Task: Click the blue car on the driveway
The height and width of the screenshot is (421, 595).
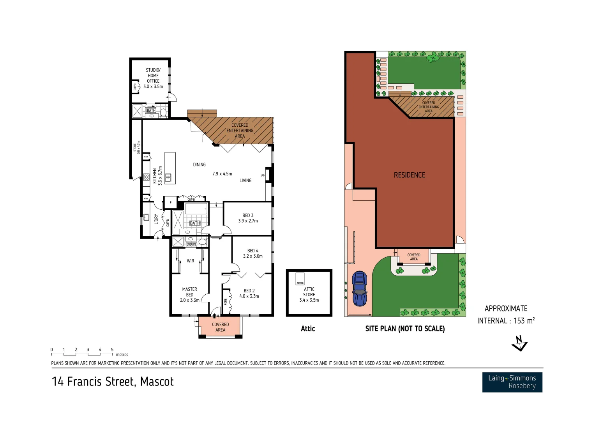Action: (359, 289)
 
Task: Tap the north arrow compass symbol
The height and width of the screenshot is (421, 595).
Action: (519, 343)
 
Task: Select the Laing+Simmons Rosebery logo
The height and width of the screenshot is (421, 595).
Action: (512, 382)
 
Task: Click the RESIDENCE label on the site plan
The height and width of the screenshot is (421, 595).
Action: (409, 175)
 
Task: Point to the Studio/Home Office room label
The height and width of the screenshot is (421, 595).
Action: (153, 76)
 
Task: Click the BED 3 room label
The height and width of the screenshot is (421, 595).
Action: (248, 215)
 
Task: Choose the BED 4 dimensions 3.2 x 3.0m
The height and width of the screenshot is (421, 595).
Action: (252, 256)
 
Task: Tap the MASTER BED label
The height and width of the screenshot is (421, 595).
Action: (190, 292)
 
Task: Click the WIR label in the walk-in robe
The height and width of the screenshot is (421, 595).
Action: (190, 261)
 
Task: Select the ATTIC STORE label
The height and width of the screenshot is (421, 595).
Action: (309, 292)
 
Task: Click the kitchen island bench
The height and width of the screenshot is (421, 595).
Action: (170, 168)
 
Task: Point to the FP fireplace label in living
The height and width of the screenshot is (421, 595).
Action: (263, 176)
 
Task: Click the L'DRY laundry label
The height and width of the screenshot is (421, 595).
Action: (156, 219)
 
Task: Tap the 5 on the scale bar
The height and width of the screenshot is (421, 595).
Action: (112, 350)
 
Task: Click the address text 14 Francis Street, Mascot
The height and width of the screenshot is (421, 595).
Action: (113, 382)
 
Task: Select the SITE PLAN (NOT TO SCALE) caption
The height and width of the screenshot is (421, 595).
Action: (405, 329)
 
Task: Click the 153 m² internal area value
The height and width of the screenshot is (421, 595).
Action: (524, 320)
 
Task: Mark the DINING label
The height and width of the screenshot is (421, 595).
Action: (199, 165)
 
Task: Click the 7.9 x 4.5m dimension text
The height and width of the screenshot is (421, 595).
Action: (222, 173)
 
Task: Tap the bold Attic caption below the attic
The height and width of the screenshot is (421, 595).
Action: (308, 329)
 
